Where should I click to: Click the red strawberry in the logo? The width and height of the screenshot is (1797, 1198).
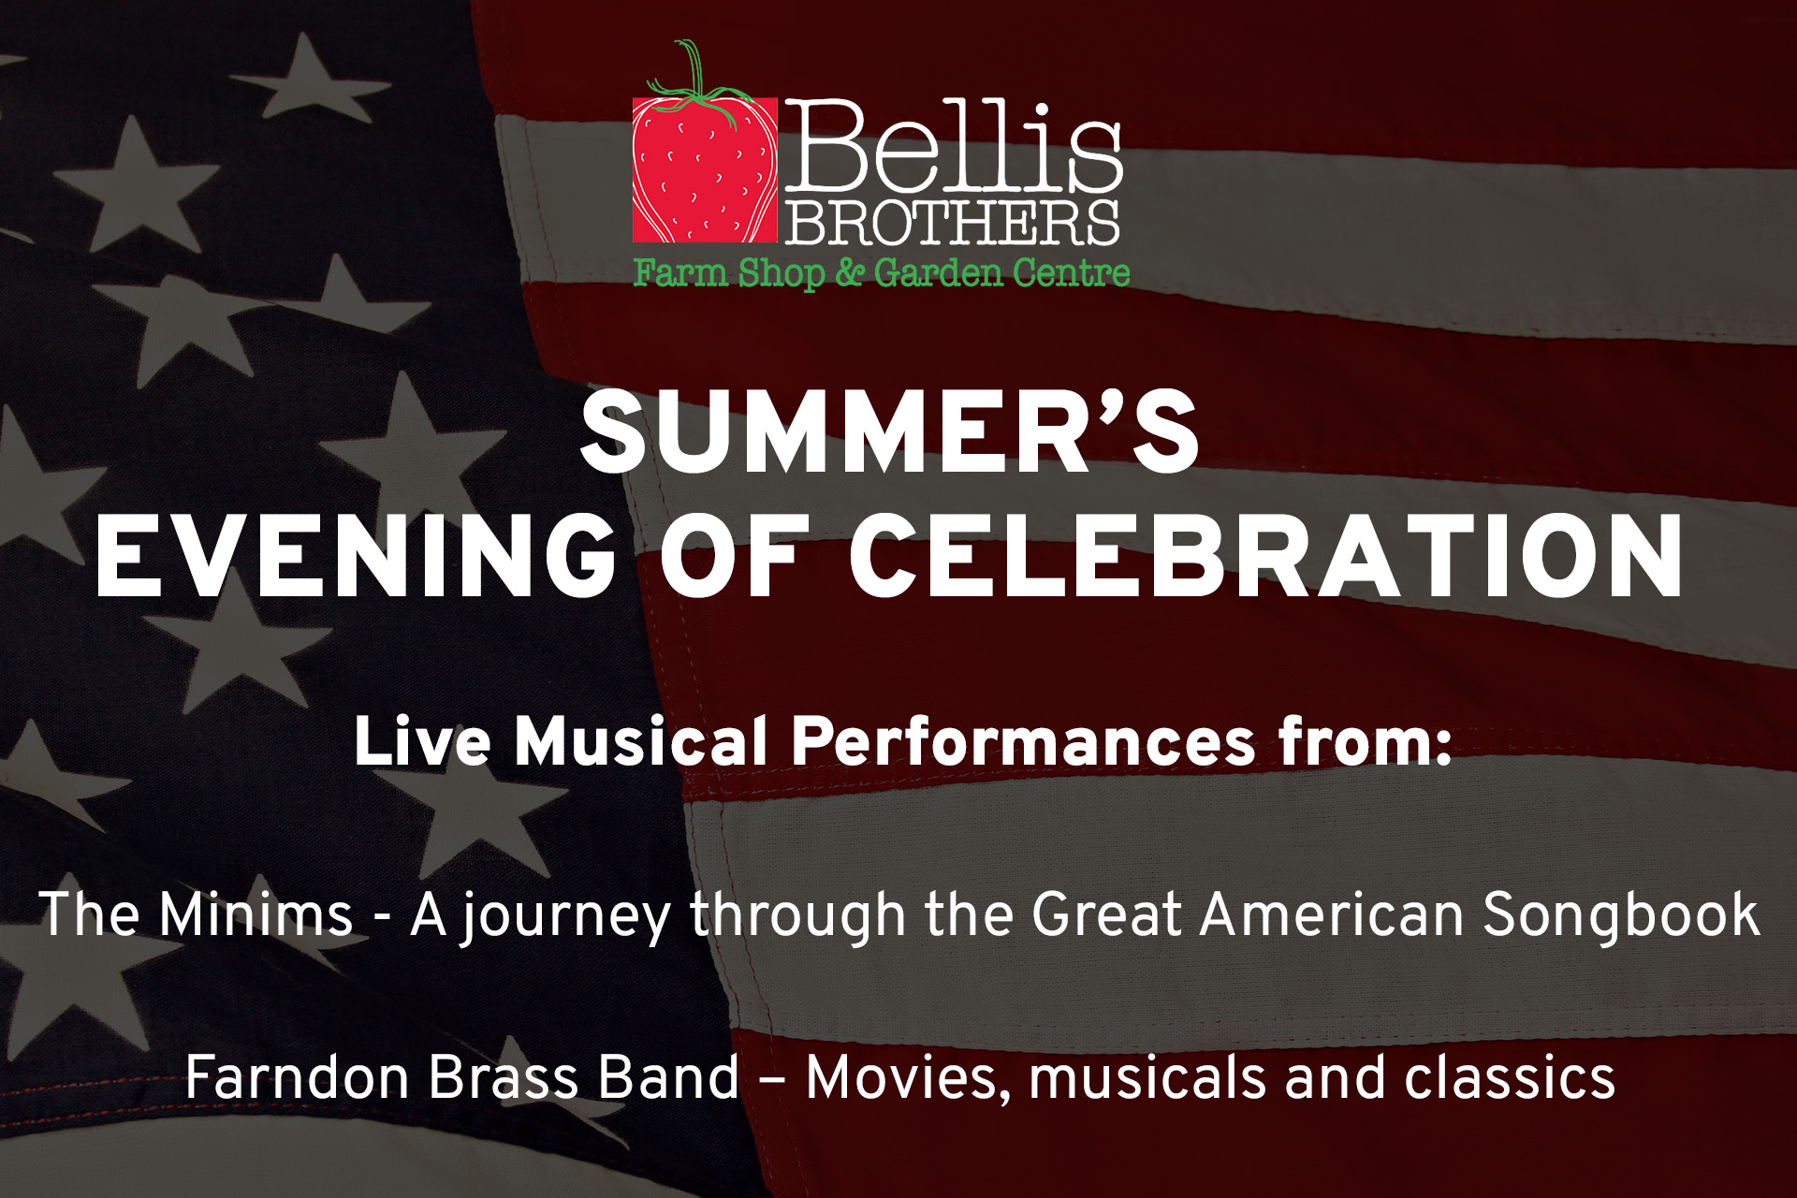[x=704, y=168]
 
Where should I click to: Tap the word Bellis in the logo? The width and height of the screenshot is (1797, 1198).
[x=953, y=146]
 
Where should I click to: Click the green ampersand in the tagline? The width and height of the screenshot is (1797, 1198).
[x=849, y=272]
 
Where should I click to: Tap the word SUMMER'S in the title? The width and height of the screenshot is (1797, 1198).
[x=889, y=431]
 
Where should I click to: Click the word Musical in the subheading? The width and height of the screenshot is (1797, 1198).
[x=641, y=741]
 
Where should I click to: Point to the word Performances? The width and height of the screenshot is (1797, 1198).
[x=1023, y=741]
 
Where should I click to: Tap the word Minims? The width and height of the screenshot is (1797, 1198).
[x=256, y=913]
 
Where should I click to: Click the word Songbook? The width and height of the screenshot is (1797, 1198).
[x=1621, y=915]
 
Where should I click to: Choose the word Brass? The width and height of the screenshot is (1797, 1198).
[x=504, y=1077]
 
